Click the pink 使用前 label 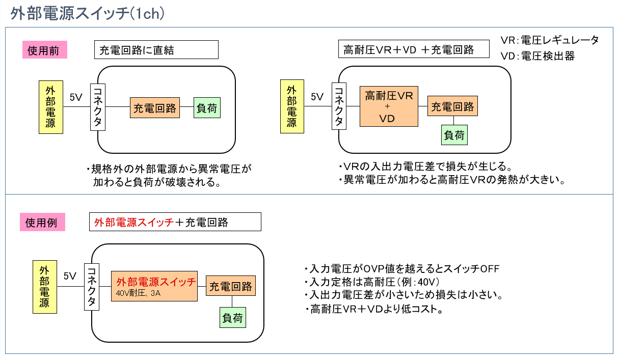point(44,50)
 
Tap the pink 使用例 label point(42,222)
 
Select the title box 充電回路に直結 point(156,50)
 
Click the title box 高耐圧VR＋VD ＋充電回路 point(414,49)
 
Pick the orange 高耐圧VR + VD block point(389,106)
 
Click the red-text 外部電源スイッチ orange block point(154,286)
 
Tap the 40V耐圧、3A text point(138,293)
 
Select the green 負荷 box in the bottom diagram point(233,318)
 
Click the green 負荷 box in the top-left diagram point(207,107)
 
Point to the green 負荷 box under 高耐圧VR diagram point(454,135)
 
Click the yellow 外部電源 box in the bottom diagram point(45,287)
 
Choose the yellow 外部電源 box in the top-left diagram point(51,107)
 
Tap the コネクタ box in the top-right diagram point(339,106)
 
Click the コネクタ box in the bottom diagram point(92,287)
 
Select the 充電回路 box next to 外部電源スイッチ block point(231,286)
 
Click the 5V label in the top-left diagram point(76,97)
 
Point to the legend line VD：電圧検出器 point(537,56)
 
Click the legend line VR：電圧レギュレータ point(549,40)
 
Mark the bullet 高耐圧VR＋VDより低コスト point(374,309)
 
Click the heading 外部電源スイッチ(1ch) point(88,13)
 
